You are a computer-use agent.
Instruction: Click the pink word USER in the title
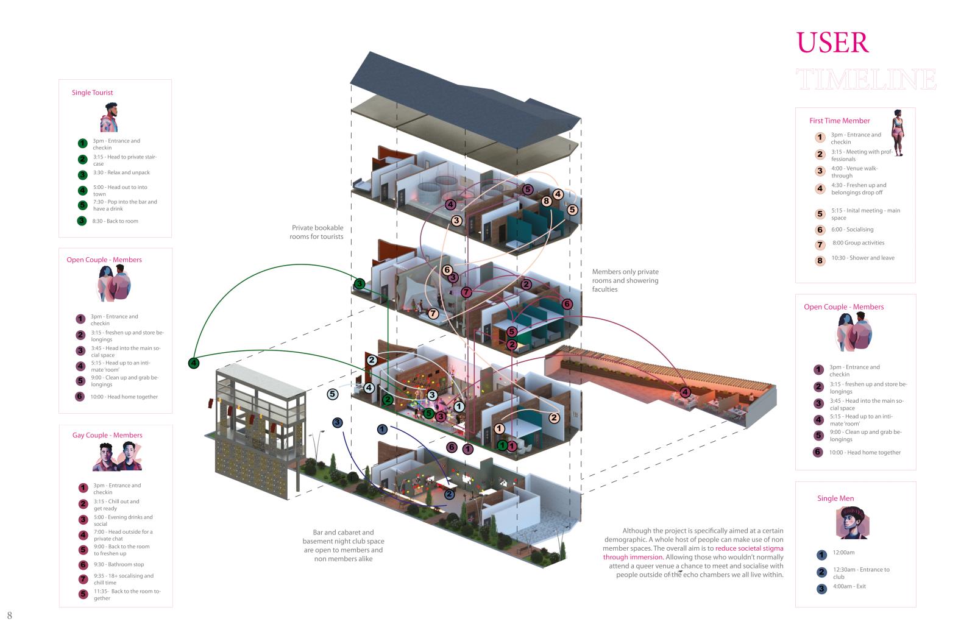[x=832, y=43]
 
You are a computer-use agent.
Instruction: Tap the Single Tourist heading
[x=92, y=93]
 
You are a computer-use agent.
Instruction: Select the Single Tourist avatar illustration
[x=109, y=117]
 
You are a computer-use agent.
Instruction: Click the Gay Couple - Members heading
[x=107, y=435]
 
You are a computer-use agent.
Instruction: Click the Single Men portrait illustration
[x=851, y=522]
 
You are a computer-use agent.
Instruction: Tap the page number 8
[x=10, y=615]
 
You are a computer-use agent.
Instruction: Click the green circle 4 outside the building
[x=194, y=363]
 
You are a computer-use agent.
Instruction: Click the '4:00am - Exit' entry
[x=849, y=586]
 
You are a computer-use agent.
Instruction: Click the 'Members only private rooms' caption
[x=625, y=280]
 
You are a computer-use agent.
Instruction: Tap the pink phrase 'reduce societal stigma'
[x=750, y=548]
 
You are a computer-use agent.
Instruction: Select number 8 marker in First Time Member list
[x=820, y=261]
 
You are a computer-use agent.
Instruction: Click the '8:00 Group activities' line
[x=858, y=243]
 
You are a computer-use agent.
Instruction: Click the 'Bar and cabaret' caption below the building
[x=343, y=545]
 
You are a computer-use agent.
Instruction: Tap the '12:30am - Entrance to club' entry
[x=861, y=573]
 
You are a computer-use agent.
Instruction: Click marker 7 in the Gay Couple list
[x=83, y=579]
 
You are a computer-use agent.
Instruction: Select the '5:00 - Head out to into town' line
[x=120, y=190]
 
